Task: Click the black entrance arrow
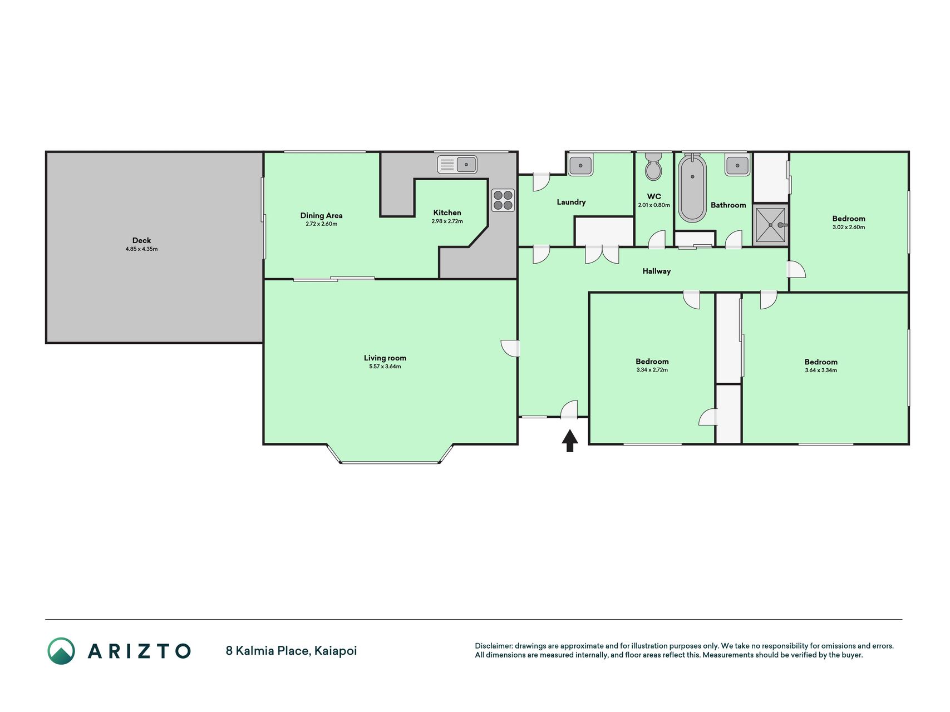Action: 569,441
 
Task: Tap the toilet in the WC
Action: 653,166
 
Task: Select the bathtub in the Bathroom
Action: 692,188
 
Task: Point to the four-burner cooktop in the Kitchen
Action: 503,200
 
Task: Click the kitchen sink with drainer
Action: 457,165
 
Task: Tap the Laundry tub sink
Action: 580,165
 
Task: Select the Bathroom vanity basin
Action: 737,165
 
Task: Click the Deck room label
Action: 141,241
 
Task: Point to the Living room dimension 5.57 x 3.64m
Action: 385,367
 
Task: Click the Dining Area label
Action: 321,216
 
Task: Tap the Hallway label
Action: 657,271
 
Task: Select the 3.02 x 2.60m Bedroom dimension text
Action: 849,227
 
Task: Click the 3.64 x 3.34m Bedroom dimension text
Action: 821,370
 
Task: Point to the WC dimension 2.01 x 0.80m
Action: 654,205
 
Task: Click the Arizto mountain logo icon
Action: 61,651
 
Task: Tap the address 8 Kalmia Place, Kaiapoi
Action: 291,651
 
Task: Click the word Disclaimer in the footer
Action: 493,646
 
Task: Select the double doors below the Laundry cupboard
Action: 602,254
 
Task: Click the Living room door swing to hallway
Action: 510,348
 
